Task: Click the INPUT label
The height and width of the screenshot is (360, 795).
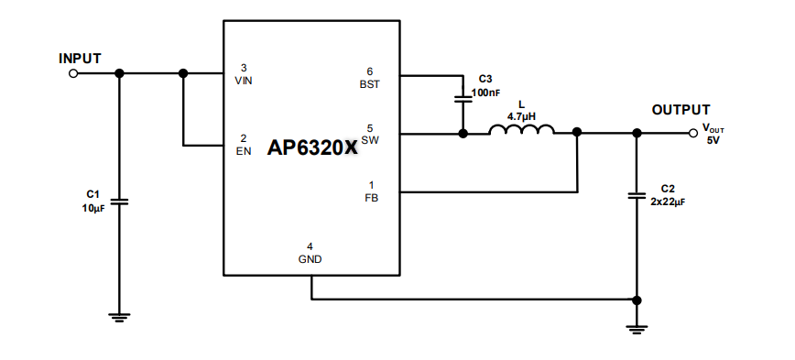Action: [x=80, y=58]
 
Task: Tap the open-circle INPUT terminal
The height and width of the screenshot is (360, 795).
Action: [x=73, y=74]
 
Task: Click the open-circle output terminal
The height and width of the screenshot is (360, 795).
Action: [x=693, y=133]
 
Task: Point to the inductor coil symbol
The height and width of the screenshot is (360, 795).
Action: [x=521, y=132]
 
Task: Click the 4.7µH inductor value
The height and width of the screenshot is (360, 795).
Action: [x=521, y=117]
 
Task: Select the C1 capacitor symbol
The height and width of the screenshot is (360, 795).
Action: [x=119, y=201]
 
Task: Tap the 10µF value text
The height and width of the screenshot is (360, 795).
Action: [x=93, y=209]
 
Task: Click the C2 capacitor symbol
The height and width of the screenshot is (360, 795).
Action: [x=637, y=195]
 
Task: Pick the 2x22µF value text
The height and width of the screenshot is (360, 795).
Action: [x=668, y=201]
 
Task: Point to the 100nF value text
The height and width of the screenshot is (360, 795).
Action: [x=486, y=93]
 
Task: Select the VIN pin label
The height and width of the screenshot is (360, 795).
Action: [x=243, y=82]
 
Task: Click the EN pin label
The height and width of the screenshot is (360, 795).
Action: [x=243, y=151]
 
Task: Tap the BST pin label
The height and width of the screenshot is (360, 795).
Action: [x=369, y=83]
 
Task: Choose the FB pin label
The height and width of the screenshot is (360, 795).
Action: [x=370, y=198]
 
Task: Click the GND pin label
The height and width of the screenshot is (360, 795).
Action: [x=310, y=259]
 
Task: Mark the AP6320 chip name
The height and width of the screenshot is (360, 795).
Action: [x=305, y=146]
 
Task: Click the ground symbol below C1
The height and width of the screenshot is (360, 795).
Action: [x=119, y=317]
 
